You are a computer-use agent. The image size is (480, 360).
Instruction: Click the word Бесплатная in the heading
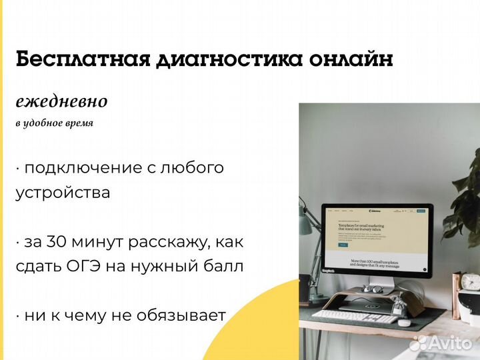click(x=81, y=59)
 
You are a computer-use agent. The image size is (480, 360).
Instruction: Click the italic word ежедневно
click(x=61, y=101)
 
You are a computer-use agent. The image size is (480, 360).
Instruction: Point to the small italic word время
click(x=80, y=123)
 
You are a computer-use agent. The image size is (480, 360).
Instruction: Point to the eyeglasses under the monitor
click(x=373, y=289)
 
